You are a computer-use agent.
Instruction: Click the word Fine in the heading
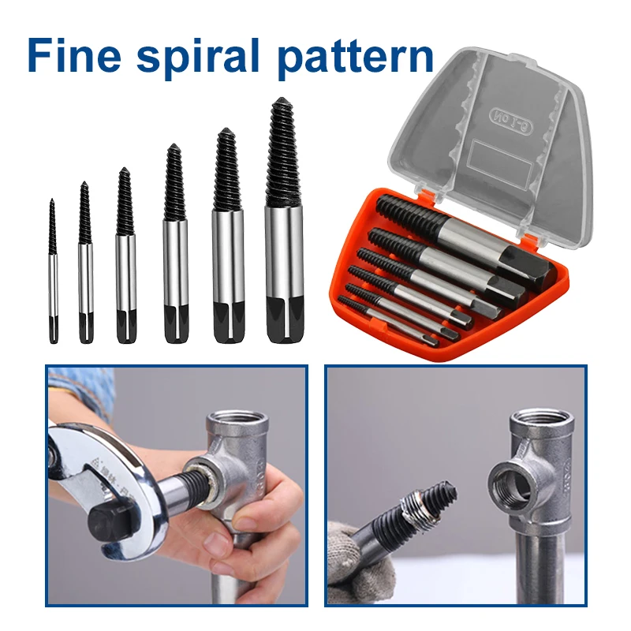click(74, 54)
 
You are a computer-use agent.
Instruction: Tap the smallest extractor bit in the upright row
click(53, 271)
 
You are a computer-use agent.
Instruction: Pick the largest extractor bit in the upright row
click(284, 221)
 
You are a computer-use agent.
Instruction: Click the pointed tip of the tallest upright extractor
click(282, 99)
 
